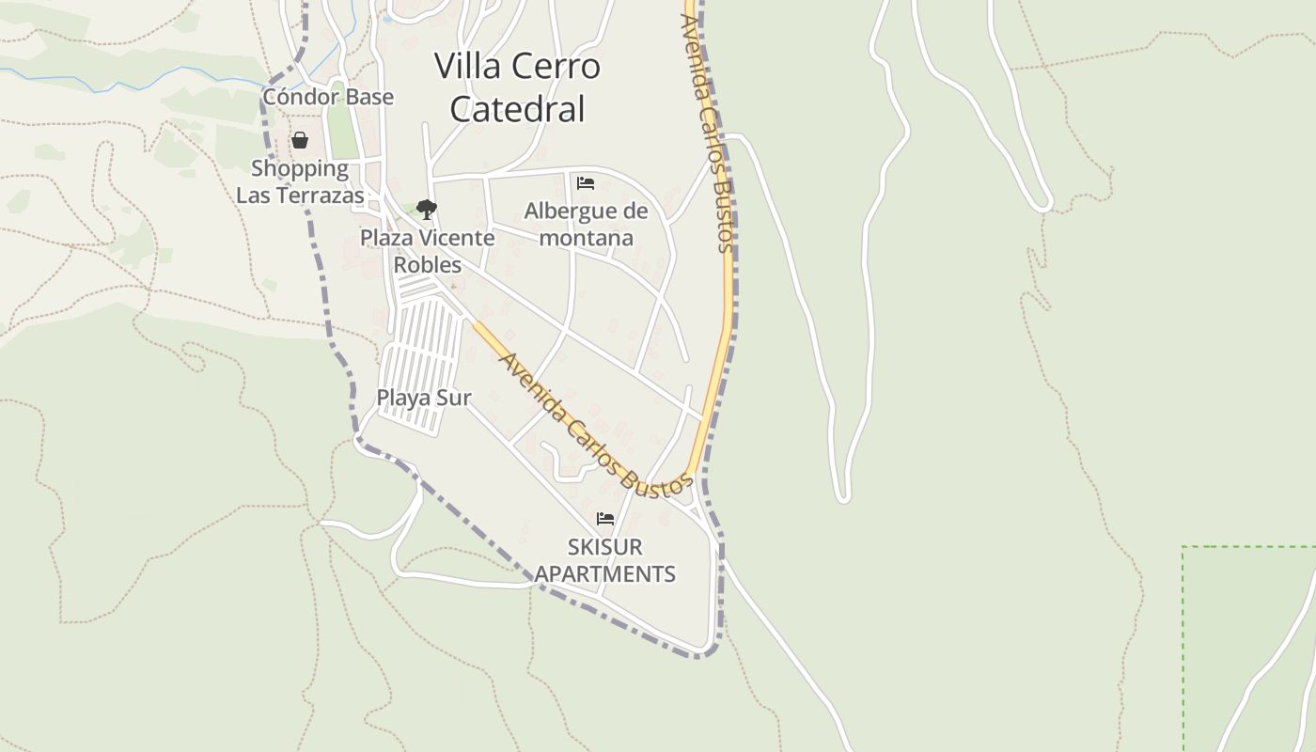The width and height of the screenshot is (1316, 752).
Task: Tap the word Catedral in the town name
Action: point(517,109)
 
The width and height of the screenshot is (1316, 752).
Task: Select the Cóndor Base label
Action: point(327,97)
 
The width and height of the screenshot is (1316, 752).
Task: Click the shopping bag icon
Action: point(300,141)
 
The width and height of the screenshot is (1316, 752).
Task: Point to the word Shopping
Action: point(300,169)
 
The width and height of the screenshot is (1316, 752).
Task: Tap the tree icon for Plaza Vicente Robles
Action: point(427,209)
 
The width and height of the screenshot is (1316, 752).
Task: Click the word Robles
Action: point(427,264)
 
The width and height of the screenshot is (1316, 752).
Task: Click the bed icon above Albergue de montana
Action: point(586,182)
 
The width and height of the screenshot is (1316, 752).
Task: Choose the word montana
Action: point(586,238)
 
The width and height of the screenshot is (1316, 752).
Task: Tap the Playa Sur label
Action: point(423,398)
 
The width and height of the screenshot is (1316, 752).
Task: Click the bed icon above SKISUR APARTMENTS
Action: point(605,519)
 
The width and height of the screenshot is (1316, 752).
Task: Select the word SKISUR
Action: point(604,547)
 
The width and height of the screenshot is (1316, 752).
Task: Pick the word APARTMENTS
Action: point(604,573)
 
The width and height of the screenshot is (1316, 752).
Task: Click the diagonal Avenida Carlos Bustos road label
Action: point(592,426)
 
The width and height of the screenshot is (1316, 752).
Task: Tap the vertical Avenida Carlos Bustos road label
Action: point(712,132)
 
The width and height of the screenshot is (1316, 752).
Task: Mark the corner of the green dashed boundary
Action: point(1183,547)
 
